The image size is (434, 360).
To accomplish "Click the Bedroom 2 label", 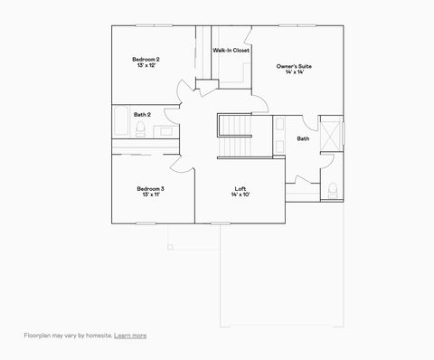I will [146, 60].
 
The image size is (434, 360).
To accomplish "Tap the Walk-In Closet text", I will [231, 51].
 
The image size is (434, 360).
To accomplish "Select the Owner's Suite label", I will [294, 66].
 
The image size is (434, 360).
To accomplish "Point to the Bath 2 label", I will [142, 115].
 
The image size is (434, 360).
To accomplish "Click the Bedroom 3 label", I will [150, 188].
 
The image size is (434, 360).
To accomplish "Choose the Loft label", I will [241, 188].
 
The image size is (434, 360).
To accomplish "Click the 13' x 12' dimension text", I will [146, 66].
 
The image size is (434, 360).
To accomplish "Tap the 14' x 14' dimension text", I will [294, 72].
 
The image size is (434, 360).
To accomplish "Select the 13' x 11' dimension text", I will [150, 194].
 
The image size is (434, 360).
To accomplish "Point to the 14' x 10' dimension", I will [241, 194].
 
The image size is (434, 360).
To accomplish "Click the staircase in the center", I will [238, 136].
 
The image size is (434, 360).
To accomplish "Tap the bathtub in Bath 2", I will [121, 121].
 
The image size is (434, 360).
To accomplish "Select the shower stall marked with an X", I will [331, 133].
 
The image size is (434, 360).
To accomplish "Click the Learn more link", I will [131, 336].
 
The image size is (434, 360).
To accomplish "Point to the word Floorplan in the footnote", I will [38, 336].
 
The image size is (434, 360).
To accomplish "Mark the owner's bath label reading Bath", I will [303, 138].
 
